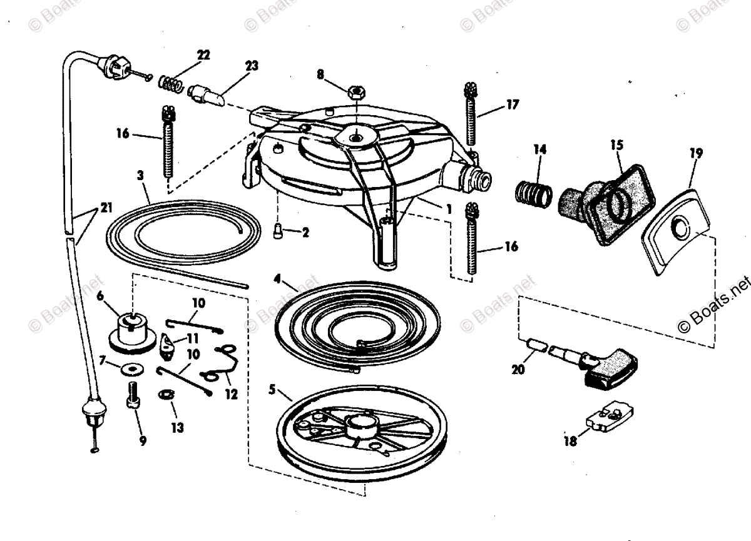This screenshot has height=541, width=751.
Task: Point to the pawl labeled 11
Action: point(168,343)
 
